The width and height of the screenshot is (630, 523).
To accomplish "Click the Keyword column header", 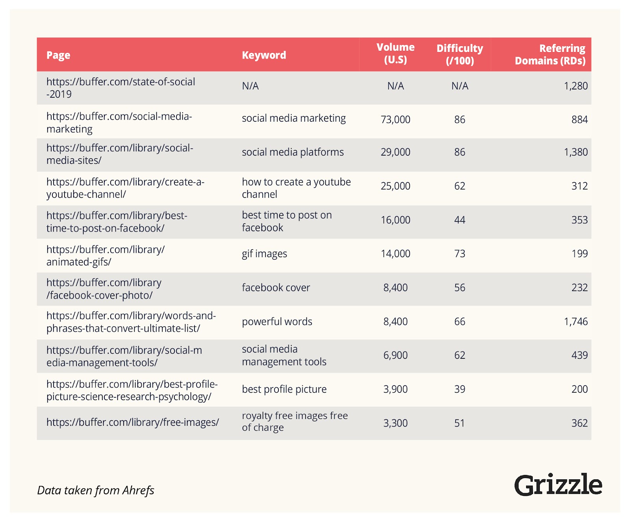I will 264,55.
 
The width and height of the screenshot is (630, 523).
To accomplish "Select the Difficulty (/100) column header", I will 460,54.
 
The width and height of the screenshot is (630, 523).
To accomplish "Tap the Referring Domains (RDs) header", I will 550,54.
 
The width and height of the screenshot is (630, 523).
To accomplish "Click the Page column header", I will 58,55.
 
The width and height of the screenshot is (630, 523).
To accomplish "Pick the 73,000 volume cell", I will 395,119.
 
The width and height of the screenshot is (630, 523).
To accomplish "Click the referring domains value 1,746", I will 576,321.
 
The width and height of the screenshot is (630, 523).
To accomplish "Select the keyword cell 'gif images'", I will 264,254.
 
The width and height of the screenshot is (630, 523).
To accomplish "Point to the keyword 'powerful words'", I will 277,321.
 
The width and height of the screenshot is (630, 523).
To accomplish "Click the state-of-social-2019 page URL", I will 120,88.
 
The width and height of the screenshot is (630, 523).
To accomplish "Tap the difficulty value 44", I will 460,220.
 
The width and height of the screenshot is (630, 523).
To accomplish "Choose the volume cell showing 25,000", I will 395,186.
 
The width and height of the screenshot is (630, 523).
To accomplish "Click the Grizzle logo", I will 558,485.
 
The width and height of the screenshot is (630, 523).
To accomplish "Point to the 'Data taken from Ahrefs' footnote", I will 96,490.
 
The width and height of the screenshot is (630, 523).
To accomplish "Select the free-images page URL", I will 132,423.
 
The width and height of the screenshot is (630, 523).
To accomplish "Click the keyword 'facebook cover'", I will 276,287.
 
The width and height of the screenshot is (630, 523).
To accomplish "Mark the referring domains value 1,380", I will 576,152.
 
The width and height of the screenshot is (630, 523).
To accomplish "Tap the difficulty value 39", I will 460,389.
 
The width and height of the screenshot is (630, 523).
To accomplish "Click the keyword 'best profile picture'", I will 284,389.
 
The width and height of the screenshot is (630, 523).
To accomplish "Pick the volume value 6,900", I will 395,355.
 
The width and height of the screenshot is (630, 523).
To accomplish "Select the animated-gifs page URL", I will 105,256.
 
